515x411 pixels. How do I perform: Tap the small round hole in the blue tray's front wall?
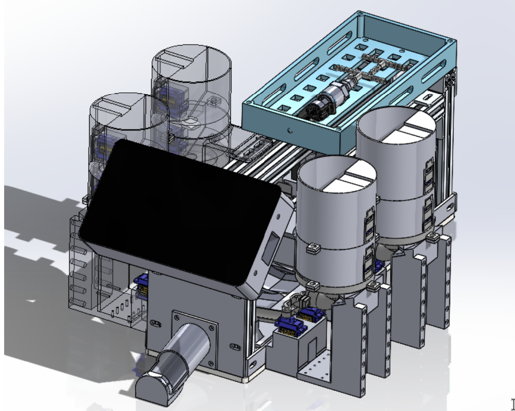click(291, 131)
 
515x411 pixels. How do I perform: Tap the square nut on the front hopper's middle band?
click(313, 250)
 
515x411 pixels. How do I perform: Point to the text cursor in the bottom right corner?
click(511, 404)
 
